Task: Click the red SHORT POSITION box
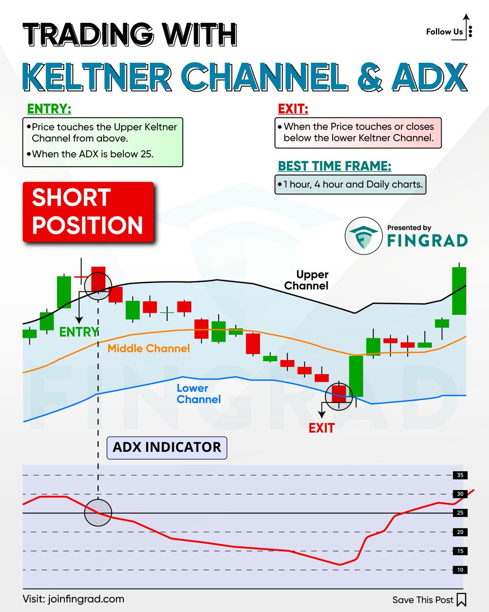(x=88, y=212)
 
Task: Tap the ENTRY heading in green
(x=49, y=109)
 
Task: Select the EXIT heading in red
(x=293, y=109)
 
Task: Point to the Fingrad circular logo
(x=363, y=236)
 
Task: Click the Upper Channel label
(x=306, y=280)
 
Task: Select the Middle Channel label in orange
(x=149, y=349)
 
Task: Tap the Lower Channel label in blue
(x=199, y=394)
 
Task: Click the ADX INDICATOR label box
(x=167, y=448)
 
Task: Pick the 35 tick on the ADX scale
(x=459, y=475)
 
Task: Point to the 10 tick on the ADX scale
(x=459, y=570)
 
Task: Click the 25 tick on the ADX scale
(x=459, y=513)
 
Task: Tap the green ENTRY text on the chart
(x=78, y=332)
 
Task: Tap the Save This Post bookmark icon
(x=461, y=599)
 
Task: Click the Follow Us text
(x=444, y=32)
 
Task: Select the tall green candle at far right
(x=459, y=291)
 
